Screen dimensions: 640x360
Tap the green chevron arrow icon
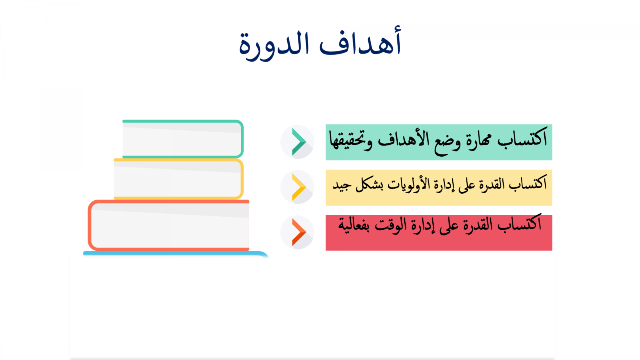tap(299, 142)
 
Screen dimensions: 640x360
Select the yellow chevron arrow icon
tap(299, 187)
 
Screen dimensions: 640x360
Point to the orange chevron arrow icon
tap(299, 232)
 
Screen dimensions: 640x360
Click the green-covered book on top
tap(183, 139)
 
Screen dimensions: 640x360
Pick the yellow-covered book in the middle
tap(178, 179)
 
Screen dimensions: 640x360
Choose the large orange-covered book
tap(168, 225)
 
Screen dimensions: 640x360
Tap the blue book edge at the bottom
tap(176, 254)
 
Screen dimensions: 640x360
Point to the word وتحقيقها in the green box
tap(351, 140)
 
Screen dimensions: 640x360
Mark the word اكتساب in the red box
tap(520, 223)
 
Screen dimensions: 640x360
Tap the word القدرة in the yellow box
tap(488, 184)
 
